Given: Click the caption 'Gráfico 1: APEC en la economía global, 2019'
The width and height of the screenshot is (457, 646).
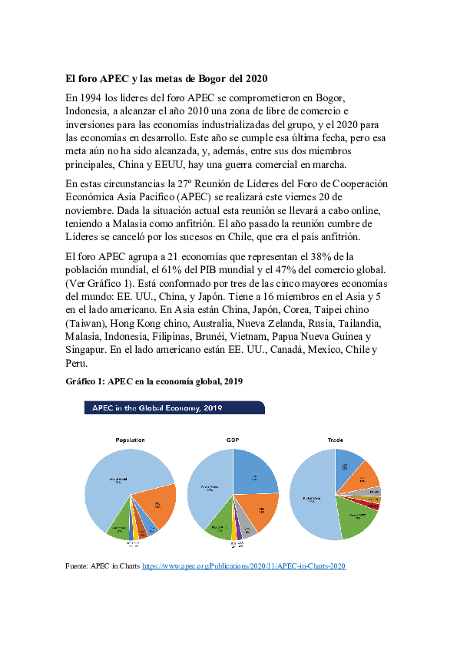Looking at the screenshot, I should tap(154, 381).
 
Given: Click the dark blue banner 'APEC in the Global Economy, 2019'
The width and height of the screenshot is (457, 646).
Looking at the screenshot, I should tap(174, 407).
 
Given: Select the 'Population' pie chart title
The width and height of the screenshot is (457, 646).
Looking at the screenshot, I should tap(130, 440).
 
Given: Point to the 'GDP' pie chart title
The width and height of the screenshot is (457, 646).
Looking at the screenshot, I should tap(233, 440).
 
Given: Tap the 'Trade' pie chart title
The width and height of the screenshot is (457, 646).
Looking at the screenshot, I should tap(335, 440).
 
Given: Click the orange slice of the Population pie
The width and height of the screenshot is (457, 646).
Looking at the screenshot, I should tap(157, 503).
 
